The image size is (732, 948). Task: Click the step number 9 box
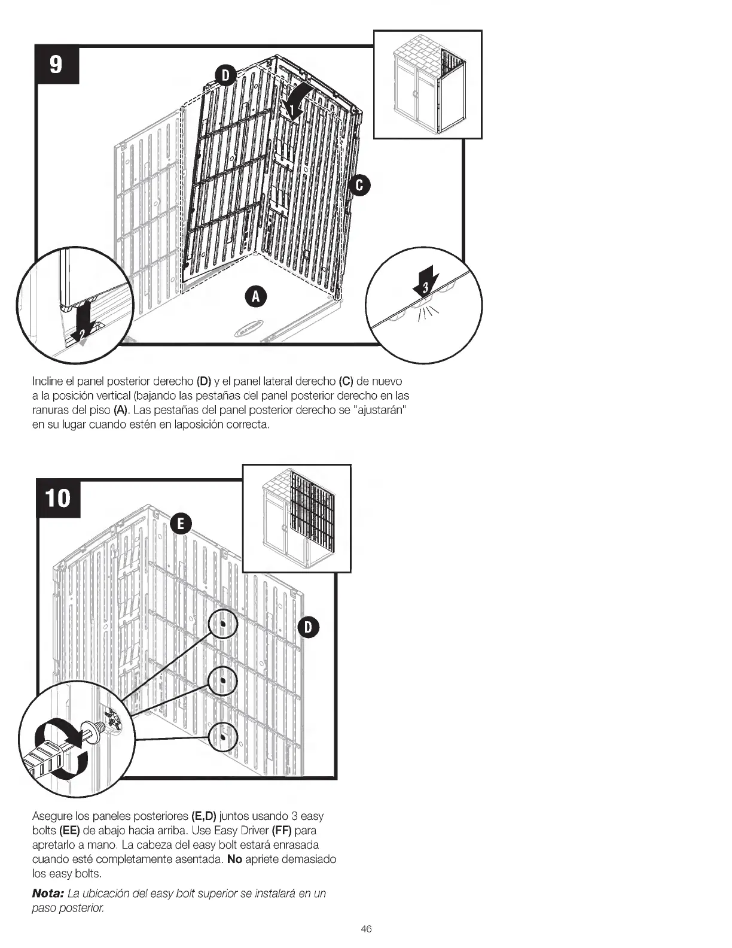click(57, 64)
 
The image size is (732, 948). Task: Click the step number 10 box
click(59, 499)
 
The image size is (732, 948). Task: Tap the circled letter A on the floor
click(255, 296)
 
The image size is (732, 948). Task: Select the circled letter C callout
click(359, 186)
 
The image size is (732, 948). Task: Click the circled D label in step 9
click(225, 75)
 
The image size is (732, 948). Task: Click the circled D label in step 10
click(308, 627)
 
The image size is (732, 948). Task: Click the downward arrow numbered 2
click(83, 323)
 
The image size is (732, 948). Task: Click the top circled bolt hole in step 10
click(223, 624)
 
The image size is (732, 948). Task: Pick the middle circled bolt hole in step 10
click(223, 680)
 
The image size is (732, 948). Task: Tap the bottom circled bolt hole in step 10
click(223, 737)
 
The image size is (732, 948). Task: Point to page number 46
click(366, 929)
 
